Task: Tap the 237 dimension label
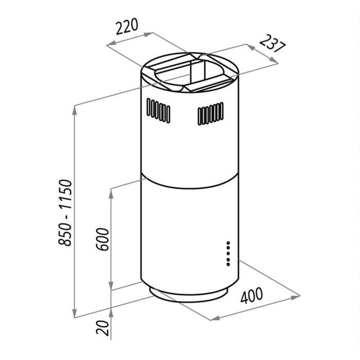point(273,44)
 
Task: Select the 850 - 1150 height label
point(65,213)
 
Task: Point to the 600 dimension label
point(102,239)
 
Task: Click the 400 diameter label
point(251,295)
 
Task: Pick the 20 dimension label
point(102,328)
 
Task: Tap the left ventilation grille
point(158,111)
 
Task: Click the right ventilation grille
point(210,114)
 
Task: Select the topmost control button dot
point(228,243)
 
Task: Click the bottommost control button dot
point(228,264)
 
